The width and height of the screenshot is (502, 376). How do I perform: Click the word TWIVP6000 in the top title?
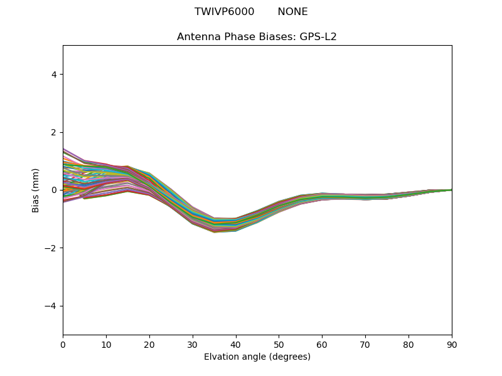tap(224, 12)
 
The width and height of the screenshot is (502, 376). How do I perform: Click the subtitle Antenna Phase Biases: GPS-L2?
tap(257, 37)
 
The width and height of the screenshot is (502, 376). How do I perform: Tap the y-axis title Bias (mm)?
tap(36, 190)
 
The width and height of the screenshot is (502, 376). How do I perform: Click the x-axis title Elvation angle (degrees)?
tap(257, 357)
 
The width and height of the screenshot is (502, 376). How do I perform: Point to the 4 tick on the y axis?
tap(54, 75)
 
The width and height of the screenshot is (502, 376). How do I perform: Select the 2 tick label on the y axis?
tap(54, 132)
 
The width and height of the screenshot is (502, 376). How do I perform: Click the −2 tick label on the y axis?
tap(51, 248)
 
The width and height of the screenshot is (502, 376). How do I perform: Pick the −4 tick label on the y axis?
tap(51, 306)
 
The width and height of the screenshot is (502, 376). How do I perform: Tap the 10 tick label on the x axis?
tap(106, 344)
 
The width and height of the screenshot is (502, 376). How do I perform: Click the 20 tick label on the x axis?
tap(149, 344)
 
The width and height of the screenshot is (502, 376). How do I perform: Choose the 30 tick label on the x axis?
tap(193, 344)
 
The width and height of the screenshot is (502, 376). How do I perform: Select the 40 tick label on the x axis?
tap(236, 344)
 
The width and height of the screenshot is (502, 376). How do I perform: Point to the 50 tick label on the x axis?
tap(279, 344)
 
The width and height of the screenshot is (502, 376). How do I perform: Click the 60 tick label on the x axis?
tap(322, 344)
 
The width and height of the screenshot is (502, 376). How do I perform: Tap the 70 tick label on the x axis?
tap(365, 344)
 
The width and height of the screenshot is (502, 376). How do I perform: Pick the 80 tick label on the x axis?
tap(409, 344)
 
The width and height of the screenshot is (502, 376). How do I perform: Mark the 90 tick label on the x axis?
tap(452, 344)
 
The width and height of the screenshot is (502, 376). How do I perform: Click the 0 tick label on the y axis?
tap(54, 190)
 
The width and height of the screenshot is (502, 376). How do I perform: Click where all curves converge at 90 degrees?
tap(451, 190)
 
